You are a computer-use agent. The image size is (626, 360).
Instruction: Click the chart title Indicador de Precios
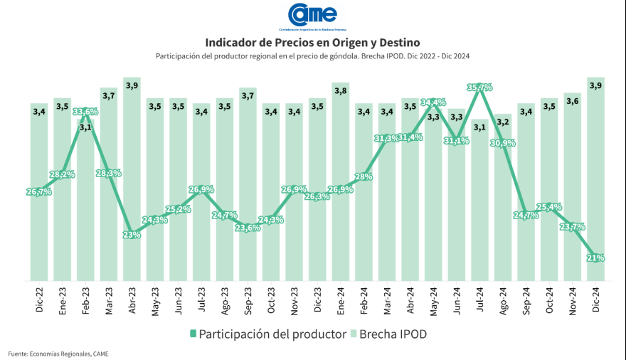pos(312,43)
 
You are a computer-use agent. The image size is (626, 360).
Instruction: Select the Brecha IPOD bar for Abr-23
pos(132,185)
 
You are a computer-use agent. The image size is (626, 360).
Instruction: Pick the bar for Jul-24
pos(479,206)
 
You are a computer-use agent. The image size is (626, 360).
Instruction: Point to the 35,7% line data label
pos(479,88)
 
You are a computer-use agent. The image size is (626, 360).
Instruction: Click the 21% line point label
pos(596,258)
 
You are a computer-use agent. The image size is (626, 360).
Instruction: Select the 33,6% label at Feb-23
pos(85,112)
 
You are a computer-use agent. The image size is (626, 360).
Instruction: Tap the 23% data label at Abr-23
pos(132,235)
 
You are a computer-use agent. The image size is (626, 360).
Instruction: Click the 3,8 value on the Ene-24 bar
pos(341,90)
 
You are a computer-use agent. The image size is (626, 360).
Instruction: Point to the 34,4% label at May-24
pos(433,102)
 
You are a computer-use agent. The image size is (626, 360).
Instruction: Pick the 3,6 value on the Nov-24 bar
pos(573,101)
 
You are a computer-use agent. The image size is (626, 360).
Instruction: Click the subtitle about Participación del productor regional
pos(312,56)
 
